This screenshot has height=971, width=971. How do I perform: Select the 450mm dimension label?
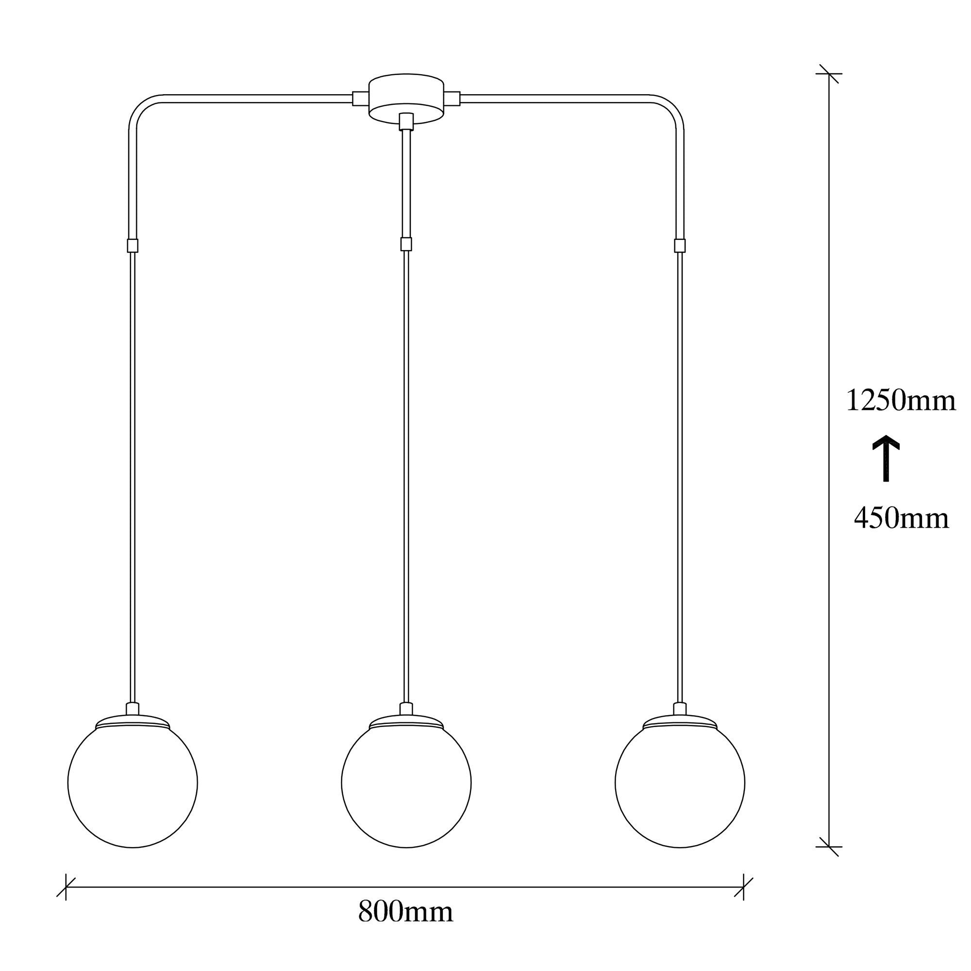coord(901,518)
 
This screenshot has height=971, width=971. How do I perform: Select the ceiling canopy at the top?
coord(406,98)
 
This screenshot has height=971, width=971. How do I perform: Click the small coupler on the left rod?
coord(133,245)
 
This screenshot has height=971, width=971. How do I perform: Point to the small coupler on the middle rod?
coord(406,244)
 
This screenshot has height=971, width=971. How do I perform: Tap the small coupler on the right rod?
coord(680,245)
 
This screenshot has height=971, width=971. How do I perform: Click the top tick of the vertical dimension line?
coord(829,74)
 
